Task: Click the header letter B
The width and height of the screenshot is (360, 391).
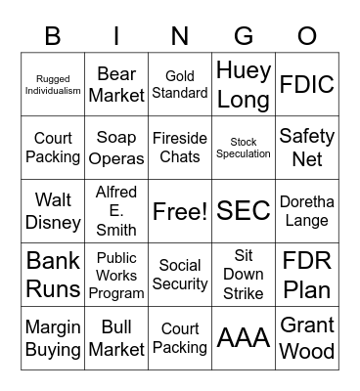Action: point(53,36)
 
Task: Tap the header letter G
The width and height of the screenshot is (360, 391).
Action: point(244,36)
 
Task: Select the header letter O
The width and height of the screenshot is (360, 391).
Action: point(307,36)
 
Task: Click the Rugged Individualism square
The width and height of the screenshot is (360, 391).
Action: point(53,85)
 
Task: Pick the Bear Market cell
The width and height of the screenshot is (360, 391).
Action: point(116,85)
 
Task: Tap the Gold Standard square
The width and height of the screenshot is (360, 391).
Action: point(180,85)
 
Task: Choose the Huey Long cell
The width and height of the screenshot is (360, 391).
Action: point(244,85)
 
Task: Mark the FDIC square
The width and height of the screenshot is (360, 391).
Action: point(307,85)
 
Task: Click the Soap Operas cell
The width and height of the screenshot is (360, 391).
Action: point(116,148)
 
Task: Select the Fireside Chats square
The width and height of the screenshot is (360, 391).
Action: point(180,148)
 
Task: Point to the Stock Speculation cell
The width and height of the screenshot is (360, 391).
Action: point(244,148)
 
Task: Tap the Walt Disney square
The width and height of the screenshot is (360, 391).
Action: point(53,211)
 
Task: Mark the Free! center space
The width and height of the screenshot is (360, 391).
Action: point(180,211)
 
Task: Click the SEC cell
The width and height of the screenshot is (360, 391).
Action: point(244,211)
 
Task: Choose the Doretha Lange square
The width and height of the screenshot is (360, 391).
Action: point(307,211)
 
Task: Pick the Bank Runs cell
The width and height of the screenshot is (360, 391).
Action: point(53,275)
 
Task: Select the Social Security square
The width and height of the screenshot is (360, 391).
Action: point(180,275)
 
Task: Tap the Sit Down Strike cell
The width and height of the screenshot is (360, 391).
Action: point(244,275)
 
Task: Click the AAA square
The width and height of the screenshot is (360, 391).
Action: point(244,338)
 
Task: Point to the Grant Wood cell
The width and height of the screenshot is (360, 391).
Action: point(307,338)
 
